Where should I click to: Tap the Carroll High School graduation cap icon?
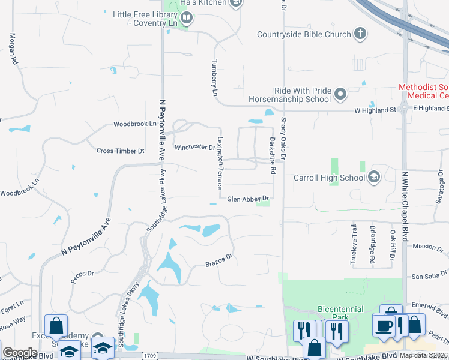(x=374, y=176)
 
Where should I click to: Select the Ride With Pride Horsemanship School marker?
(x=340, y=94)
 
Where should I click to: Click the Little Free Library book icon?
(x=187, y=19)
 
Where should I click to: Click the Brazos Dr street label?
(x=218, y=263)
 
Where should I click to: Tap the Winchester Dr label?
(x=194, y=147)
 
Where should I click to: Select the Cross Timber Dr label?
(x=121, y=151)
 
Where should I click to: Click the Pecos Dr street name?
(x=83, y=274)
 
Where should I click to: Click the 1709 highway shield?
(x=151, y=356)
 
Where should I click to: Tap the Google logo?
(x=20, y=353)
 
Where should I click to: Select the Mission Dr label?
(x=428, y=247)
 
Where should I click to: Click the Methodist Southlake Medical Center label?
(x=424, y=91)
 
